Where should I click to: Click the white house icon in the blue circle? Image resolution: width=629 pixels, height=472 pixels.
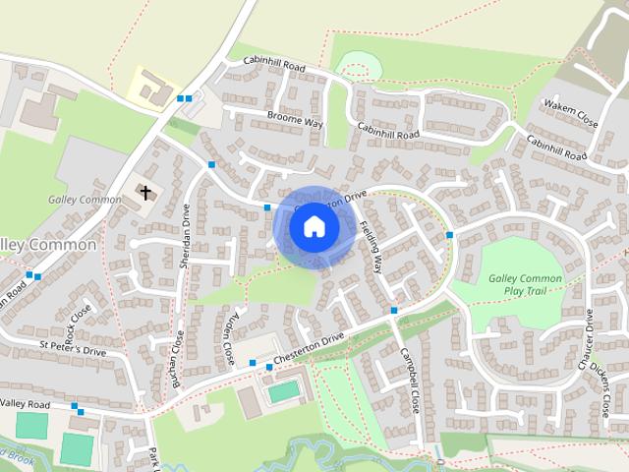point(314,226)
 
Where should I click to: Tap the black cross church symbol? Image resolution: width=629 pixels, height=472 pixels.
point(145,192)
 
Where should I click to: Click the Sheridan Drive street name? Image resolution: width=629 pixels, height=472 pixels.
point(185,228)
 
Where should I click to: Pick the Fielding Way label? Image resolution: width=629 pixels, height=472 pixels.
point(371,245)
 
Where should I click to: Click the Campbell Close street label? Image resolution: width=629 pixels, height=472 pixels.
point(410,379)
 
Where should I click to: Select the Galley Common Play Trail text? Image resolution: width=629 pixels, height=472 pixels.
point(525,285)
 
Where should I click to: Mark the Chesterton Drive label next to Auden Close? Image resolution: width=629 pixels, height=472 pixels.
point(308,346)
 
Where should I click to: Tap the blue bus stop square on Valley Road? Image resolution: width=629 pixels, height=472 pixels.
point(75,405)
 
